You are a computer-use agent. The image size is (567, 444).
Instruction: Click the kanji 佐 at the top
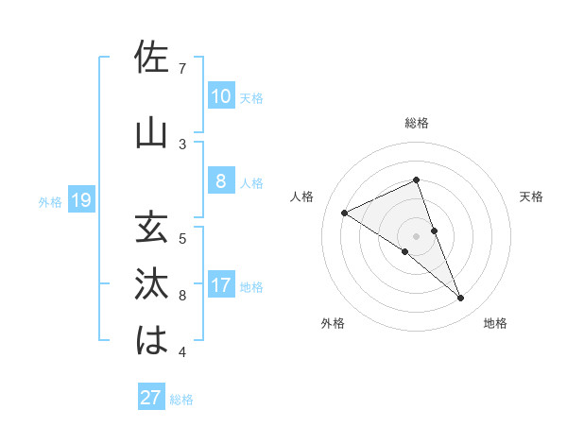coord(152,58)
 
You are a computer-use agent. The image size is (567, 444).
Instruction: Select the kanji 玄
coord(152,228)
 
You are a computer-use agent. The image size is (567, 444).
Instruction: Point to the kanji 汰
coord(152,284)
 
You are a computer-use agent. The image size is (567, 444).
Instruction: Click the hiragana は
coord(152,341)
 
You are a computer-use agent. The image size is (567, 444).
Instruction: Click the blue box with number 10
coord(220,96)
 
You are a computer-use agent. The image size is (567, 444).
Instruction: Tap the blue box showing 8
coord(220,181)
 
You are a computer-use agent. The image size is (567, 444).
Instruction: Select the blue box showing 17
coord(220,285)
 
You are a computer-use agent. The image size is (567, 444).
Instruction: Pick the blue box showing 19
coord(80,200)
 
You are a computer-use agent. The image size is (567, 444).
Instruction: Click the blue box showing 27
coord(150,398)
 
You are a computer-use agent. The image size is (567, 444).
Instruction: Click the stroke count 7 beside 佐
coord(182,68)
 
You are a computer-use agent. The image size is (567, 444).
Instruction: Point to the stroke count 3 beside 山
coord(182,144)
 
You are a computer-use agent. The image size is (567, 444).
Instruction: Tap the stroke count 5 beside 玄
coord(182,238)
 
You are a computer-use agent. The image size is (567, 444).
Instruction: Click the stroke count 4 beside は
coord(182,352)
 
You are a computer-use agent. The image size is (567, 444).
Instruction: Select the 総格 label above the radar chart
coord(416,123)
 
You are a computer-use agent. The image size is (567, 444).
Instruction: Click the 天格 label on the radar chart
coord(531,196)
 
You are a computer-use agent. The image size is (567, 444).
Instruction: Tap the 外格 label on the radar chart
coord(333,323)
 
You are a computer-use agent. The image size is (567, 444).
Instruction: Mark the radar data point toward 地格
coord(461,299)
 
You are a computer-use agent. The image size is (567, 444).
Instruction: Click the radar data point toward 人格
coord(344,213)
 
